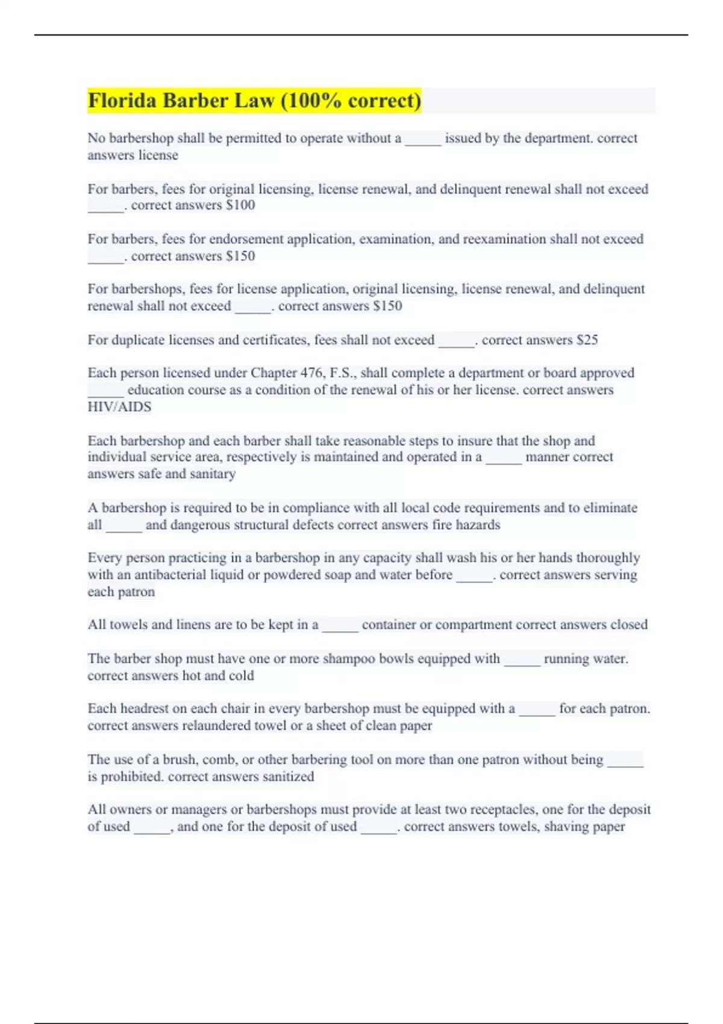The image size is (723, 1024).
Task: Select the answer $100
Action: [x=240, y=205]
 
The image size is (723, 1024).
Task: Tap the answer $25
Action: [x=587, y=340]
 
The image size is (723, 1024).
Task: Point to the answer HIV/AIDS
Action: [x=119, y=407]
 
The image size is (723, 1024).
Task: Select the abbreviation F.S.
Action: [x=341, y=373]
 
